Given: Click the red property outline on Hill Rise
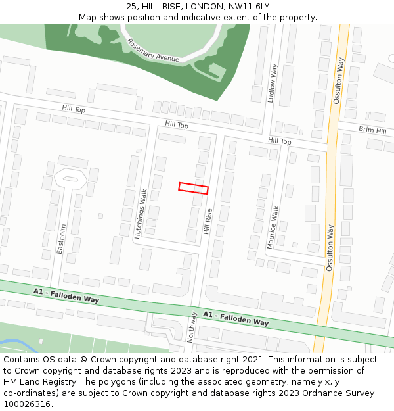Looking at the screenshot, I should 193,188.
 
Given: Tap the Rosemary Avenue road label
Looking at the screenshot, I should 153,50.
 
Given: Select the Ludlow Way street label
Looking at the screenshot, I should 272,84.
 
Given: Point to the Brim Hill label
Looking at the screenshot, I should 372,130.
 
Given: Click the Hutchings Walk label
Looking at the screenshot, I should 141,214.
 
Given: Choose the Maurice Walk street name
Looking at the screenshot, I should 273,227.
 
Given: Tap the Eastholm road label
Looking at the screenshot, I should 62,239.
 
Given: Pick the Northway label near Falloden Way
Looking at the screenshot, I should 192,327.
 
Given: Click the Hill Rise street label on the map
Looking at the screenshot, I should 208,222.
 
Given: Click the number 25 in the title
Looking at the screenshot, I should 131,7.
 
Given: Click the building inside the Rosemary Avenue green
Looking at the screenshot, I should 215,70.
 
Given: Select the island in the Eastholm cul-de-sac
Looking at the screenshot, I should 70,178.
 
